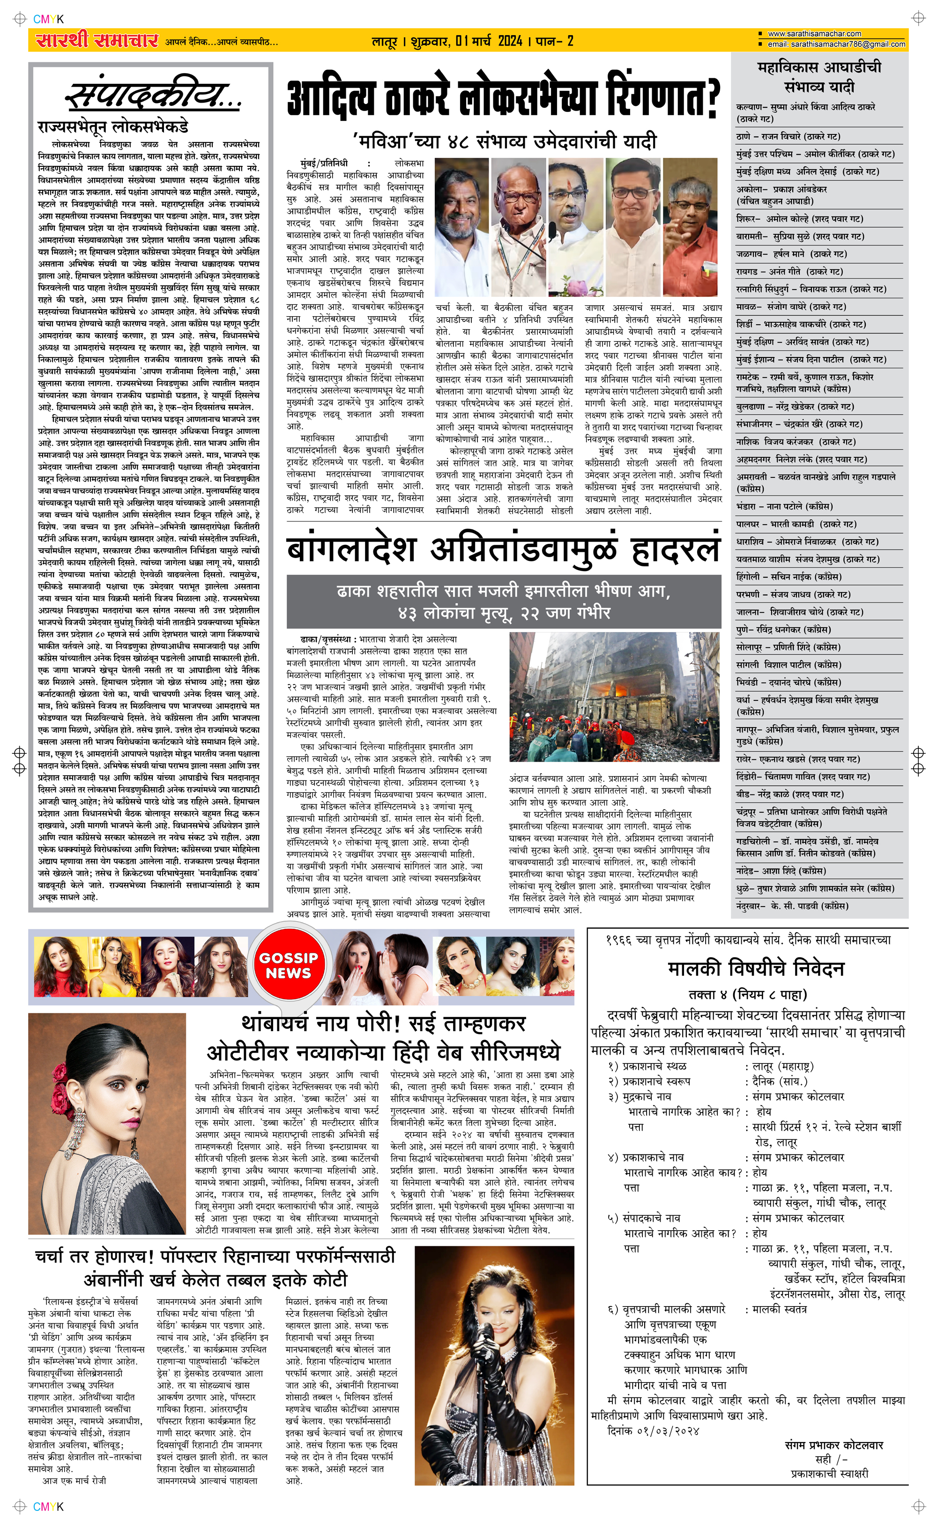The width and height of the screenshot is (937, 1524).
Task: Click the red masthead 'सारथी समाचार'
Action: pyautogui.click(x=97, y=41)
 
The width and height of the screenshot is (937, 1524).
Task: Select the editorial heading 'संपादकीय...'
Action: pyautogui.click(x=152, y=97)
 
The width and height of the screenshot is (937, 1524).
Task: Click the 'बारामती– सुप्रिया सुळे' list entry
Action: pyautogui.click(x=799, y=237)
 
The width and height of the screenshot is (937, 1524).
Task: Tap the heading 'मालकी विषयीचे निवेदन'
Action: pyautogui.click(x=756, y=968)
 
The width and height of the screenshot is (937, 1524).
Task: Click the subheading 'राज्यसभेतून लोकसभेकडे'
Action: pyautogui.click(x=113, y=127)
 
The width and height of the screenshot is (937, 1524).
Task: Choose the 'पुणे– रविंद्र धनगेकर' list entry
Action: pyautogui.click(x=783, y=630)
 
